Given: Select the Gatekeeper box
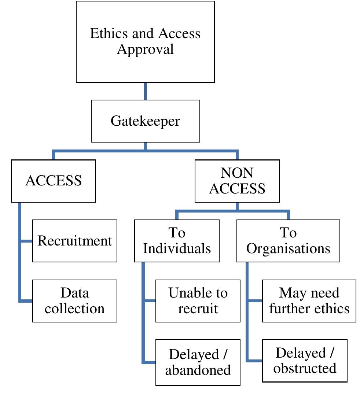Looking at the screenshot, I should [x=145, y=121].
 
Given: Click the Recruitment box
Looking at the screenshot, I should [x=75, y=241].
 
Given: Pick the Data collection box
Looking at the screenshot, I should [x=75, y=301].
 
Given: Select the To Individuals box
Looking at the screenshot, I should [x=177, y=241].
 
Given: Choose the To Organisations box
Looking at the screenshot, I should [x=288, y=241].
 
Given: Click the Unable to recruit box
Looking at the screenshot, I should [x=198, y=301].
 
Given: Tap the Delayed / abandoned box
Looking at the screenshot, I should [x=198, y=362].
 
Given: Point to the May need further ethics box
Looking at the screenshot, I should [x=309, y=301].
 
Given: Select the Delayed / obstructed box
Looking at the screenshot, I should [x=305, y=361].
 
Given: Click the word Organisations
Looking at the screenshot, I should [x=288, y=248].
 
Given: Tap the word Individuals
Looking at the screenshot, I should [x=177, y=248].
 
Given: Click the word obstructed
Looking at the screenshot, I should [x=305, y=368].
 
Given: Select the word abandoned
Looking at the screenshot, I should [x=198, y=370].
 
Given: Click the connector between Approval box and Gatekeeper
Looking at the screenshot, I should [x=146, y=91].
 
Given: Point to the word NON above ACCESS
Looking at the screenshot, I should [x=237, y=173].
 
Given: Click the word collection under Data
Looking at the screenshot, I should [x=75, y=309].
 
